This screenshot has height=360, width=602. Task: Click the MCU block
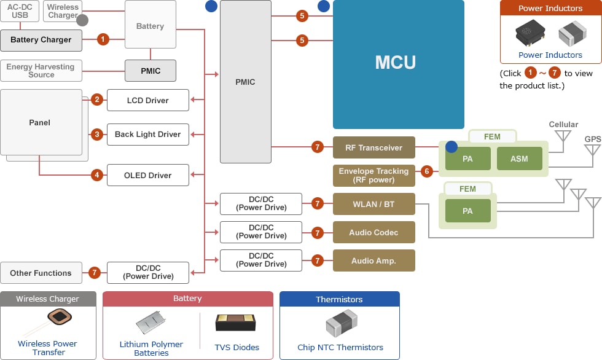coord(398,63)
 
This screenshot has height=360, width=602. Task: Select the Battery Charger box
coord(41,40)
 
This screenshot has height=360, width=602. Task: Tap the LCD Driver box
coord(147,100)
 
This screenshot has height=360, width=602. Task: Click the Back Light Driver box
coord(147,135)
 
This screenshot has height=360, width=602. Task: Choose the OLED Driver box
coord(147,175)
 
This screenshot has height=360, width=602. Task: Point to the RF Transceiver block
coord(373,147)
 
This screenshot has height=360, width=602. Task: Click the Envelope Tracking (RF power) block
coord(373,176)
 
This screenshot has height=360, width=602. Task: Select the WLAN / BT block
coord(373,204)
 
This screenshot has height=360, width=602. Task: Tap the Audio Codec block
coord(373,232)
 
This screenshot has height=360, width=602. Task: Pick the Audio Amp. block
coord(373,260)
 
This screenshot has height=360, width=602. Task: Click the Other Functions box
coord(41,273)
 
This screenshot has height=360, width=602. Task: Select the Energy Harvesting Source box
coord(41,71)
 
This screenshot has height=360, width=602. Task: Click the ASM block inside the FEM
coord(519,159)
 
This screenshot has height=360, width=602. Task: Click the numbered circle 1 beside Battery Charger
coord(103,39)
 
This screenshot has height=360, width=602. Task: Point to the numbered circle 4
coord(97,175)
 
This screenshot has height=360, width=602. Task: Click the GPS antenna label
coord(593,139)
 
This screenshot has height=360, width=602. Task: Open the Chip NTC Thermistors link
coord(340,347)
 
